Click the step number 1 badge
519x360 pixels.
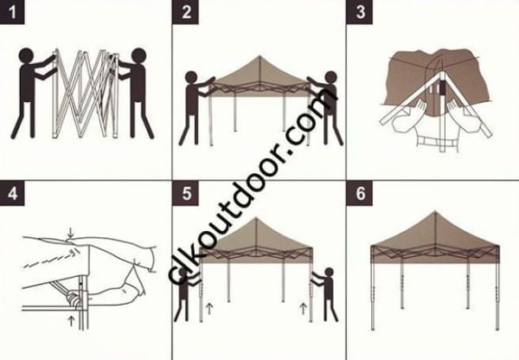pos(12,12)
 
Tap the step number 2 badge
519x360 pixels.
pos(186,12)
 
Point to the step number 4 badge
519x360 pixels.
pos(12,192)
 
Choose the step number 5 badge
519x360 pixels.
pos(186,192)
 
